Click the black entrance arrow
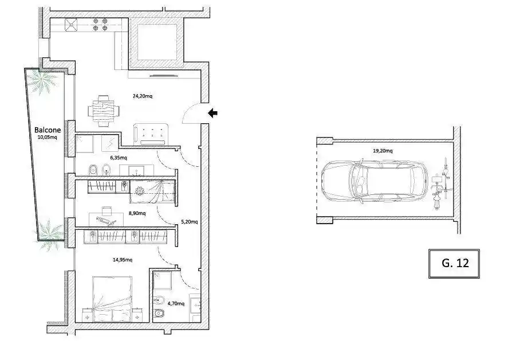[212, 113]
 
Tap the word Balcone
[48, 130]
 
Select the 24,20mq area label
[143, 96]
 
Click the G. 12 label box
[454, 263]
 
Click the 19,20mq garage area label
[383, 151]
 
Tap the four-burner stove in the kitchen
[100, 25]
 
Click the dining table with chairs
[103, 111]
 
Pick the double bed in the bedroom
[112, 299]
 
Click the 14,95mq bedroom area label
[123, 260]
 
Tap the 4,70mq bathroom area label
[176, 304]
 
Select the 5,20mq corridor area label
[189, 222]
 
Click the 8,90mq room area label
[137, 213]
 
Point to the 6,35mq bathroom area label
[119, 158]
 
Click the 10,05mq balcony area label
[48, 137]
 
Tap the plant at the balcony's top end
[42, 82]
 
